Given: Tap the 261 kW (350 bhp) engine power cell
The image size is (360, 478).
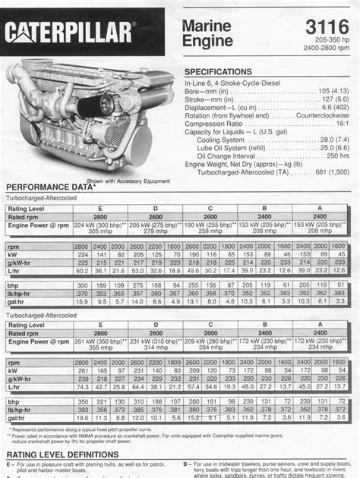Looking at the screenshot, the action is click(x=100, y=344).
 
